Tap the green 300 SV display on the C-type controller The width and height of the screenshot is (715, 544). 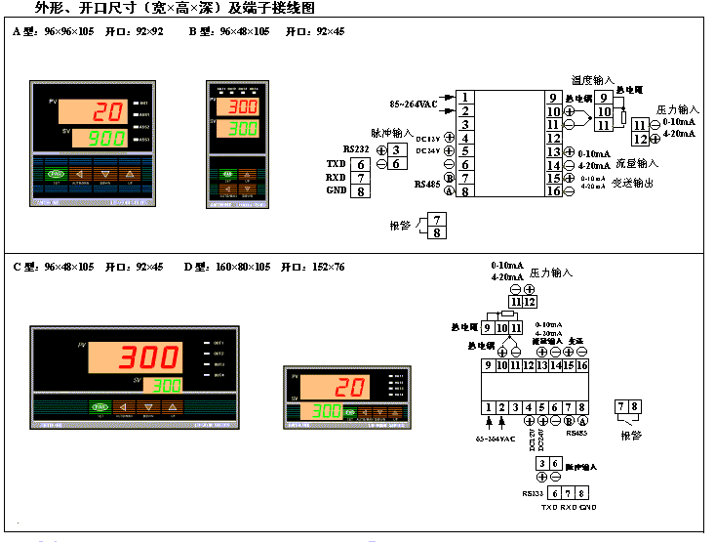(x=167, y=385)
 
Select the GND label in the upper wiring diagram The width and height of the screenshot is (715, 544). (x=337, y=190)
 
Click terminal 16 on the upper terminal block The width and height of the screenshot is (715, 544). (x=554, y=191)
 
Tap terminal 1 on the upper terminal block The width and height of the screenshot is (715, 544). (x=467, y=98)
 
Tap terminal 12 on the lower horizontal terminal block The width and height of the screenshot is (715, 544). (x=529, y=365)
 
